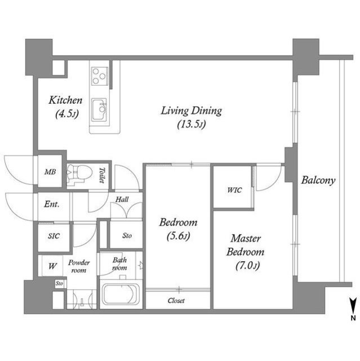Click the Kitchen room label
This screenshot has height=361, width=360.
click(x=65, y=100)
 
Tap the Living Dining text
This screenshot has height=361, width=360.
click(x=191, y=111)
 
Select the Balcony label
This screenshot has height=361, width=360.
click(x=318, y=180)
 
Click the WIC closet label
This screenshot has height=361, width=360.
click(x=234, y=190)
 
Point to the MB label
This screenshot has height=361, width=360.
click(x=50, y=171)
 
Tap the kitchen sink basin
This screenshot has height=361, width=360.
click(x=99, y=109)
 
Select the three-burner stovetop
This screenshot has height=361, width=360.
click(x=100, y=76)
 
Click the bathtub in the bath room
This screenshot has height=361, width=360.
click(x=121, y=294)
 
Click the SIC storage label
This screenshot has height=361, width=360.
click(x=54, y=236)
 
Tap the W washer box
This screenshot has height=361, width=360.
click(x=52, y=266)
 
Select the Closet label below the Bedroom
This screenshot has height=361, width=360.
click(x=176, y=301)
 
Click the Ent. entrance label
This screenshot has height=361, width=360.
click(x=52, y=204)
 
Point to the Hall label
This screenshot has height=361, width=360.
click(x=122, y=199)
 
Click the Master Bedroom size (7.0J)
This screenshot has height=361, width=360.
click(x=247, y=266)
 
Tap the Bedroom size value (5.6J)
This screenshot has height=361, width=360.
click(x=179, y=236)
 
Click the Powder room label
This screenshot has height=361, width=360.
click(x=79, y=266)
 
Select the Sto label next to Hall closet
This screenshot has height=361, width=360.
click(x=127, y=236)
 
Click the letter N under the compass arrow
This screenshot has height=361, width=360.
click(x=353, y=318)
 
